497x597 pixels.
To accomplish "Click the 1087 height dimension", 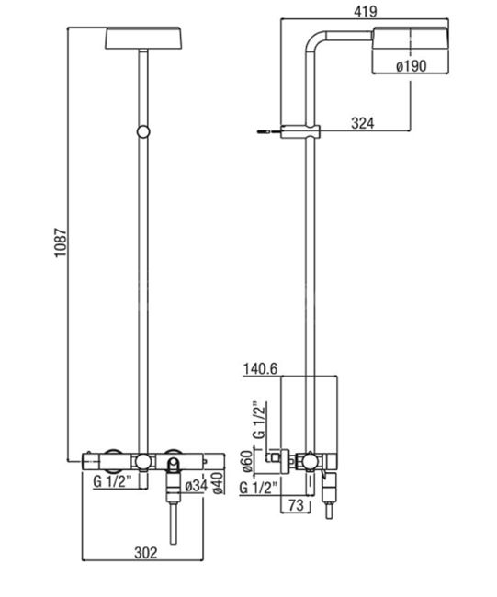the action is pyautogui.click(x=61, y=242).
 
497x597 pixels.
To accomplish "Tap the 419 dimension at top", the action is pyautogui.click(x=366, y=11).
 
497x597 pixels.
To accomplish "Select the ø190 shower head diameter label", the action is pyautogui.click(x=411, y=66).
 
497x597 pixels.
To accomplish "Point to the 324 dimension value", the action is pyautogui.click(x=363, y=123).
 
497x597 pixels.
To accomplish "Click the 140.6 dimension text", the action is pyautogui.click(x=261, y=368).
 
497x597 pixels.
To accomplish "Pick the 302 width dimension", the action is pyautogui.click(x=145, y=552).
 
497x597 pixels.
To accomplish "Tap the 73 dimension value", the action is pyautogui.click(x=297, y=505).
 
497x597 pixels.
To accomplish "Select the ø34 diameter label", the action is pyautogui.click(x=196, y=486).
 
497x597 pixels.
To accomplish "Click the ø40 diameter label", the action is pyautogui.click(x=219, y=484).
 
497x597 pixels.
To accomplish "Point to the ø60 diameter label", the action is pyautogui.click(x=248, y=461).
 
